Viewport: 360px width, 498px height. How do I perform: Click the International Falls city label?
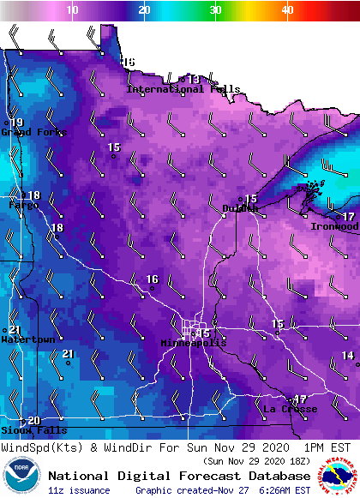tap(171, 89)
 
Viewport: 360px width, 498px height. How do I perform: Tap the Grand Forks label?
tap(27, 132)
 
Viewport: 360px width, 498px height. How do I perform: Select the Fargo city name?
tap(23, 205)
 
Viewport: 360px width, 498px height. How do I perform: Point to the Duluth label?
tap(240, 208)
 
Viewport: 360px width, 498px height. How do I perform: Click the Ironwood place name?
tap(333, 226)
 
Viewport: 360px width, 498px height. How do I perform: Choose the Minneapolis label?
tap(194, 343)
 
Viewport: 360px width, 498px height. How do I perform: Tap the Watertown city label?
tap(27, 339)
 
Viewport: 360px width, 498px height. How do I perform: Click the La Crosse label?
tap(290, 409)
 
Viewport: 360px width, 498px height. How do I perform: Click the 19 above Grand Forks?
tap(16, 123)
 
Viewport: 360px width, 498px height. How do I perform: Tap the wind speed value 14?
tap(348, 355)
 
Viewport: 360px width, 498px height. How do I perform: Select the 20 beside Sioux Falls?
tap(33, 420)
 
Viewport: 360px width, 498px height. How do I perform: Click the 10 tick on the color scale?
tap(73, 9)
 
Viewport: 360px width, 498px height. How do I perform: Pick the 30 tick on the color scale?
tap(215, 9)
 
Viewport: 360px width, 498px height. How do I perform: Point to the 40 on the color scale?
tap(287, 9)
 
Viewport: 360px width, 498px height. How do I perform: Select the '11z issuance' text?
tap(78, 490)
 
